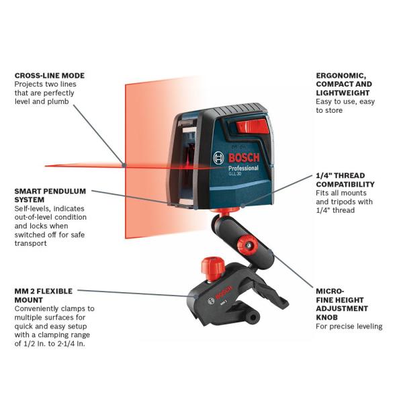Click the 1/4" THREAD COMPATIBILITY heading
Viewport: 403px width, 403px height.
[x=345, y=179]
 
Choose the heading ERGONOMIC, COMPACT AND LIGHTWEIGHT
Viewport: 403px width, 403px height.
[x=343, y=84]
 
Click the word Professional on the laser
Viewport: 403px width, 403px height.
[x=242, y=169]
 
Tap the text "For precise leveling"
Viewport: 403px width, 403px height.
[x=349, y=326]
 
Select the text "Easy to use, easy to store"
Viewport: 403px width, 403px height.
[x=345, y=106]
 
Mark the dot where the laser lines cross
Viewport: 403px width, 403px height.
[x=124, y=164]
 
